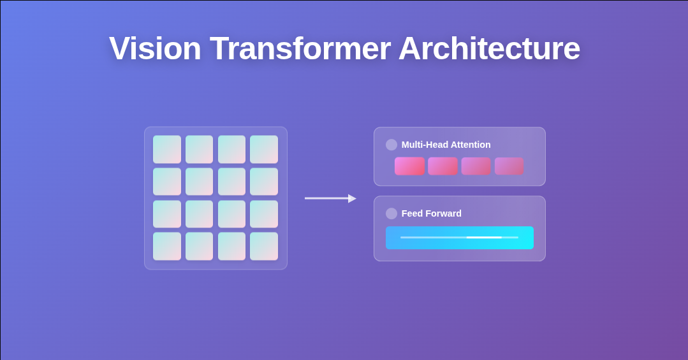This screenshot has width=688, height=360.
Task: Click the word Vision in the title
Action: pyautogui.click(x=155, y=48)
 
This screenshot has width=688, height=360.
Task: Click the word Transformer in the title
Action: pyautogui.click(x=300, y=48)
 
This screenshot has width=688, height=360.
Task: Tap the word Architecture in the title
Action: pyautogui.click(x=489, y=48)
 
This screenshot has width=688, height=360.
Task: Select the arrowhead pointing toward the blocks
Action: pyautogui.click(x=352, y=199)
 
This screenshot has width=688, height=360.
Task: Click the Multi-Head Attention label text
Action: pyautogui.click(x=446, y=145)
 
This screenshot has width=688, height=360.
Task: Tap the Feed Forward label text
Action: pyautogui.click(x=431, y=213)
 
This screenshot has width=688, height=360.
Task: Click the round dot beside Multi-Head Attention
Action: pyautogui.click(x=392, y=145)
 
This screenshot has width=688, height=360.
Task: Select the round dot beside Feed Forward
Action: pyautogui.click(x=392, y=213)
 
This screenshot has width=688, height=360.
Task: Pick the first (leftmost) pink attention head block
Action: pyautogui.click(x=409, y=166)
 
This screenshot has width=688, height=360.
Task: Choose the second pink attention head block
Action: pyautogui.click(x=443, y=166)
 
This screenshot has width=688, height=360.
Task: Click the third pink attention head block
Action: pyautogui.click(x=476, y=166)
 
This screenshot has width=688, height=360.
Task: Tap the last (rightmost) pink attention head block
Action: pyautogui.click(x=509, y=166)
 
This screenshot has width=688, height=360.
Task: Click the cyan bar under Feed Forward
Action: pyautogui.click(x=459, y=238)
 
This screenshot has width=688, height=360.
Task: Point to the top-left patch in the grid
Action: pyautogui.click(x=167, y=149)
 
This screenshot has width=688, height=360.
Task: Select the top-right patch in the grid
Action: pyautogui.click(x=264, y=149)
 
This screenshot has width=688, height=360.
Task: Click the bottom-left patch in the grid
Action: pyautogui.click(x=167, y=246)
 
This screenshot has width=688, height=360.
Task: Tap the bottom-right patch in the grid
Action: pyautogui.click(x=264, y=246)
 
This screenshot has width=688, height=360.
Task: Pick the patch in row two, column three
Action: pyautogui.click(x=231, y=182)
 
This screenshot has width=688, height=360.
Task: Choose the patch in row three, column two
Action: pyautogui.click(x=199, y=214)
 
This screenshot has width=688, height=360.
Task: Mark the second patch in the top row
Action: pyautogui.click(x=199, y=149)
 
